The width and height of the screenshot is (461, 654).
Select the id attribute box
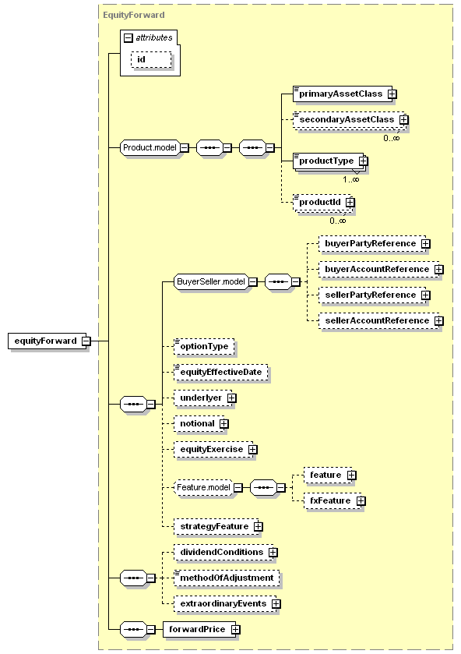151,60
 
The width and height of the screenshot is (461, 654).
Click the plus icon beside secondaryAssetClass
403,120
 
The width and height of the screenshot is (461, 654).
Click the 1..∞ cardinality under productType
350,179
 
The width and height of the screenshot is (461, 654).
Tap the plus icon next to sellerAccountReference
439,320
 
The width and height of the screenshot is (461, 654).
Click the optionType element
204,347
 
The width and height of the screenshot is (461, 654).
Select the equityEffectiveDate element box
221,372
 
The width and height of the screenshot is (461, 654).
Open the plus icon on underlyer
232,398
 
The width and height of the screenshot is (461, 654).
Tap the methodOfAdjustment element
227,578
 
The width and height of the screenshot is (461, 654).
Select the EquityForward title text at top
134,15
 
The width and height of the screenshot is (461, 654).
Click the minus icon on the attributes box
128,38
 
